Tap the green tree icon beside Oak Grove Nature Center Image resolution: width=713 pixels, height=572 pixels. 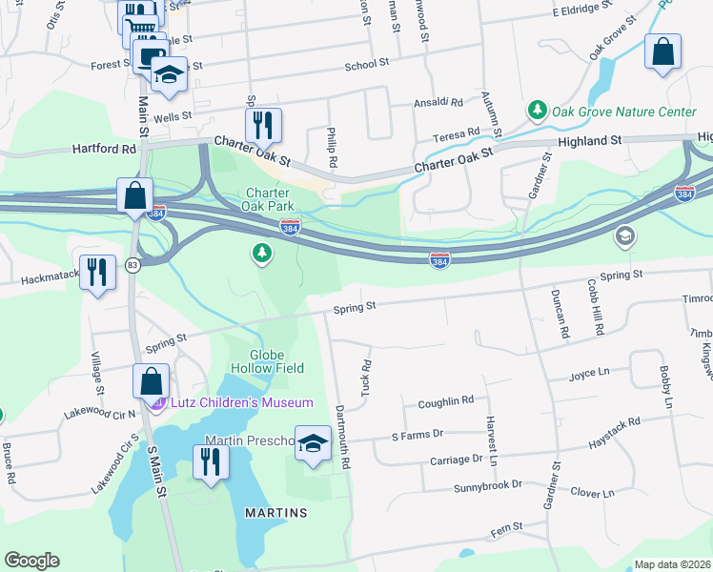click(538, 112)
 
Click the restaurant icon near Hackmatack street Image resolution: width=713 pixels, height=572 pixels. click(97, 272)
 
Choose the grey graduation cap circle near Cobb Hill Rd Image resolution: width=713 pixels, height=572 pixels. click(624, 236)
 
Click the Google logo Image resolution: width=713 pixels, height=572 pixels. click(31, 561)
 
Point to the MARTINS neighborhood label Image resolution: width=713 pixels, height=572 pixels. click(276, 513)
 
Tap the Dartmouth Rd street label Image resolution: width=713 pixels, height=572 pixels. click(342, 439)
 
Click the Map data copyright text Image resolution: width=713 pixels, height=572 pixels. click(672, 564)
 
